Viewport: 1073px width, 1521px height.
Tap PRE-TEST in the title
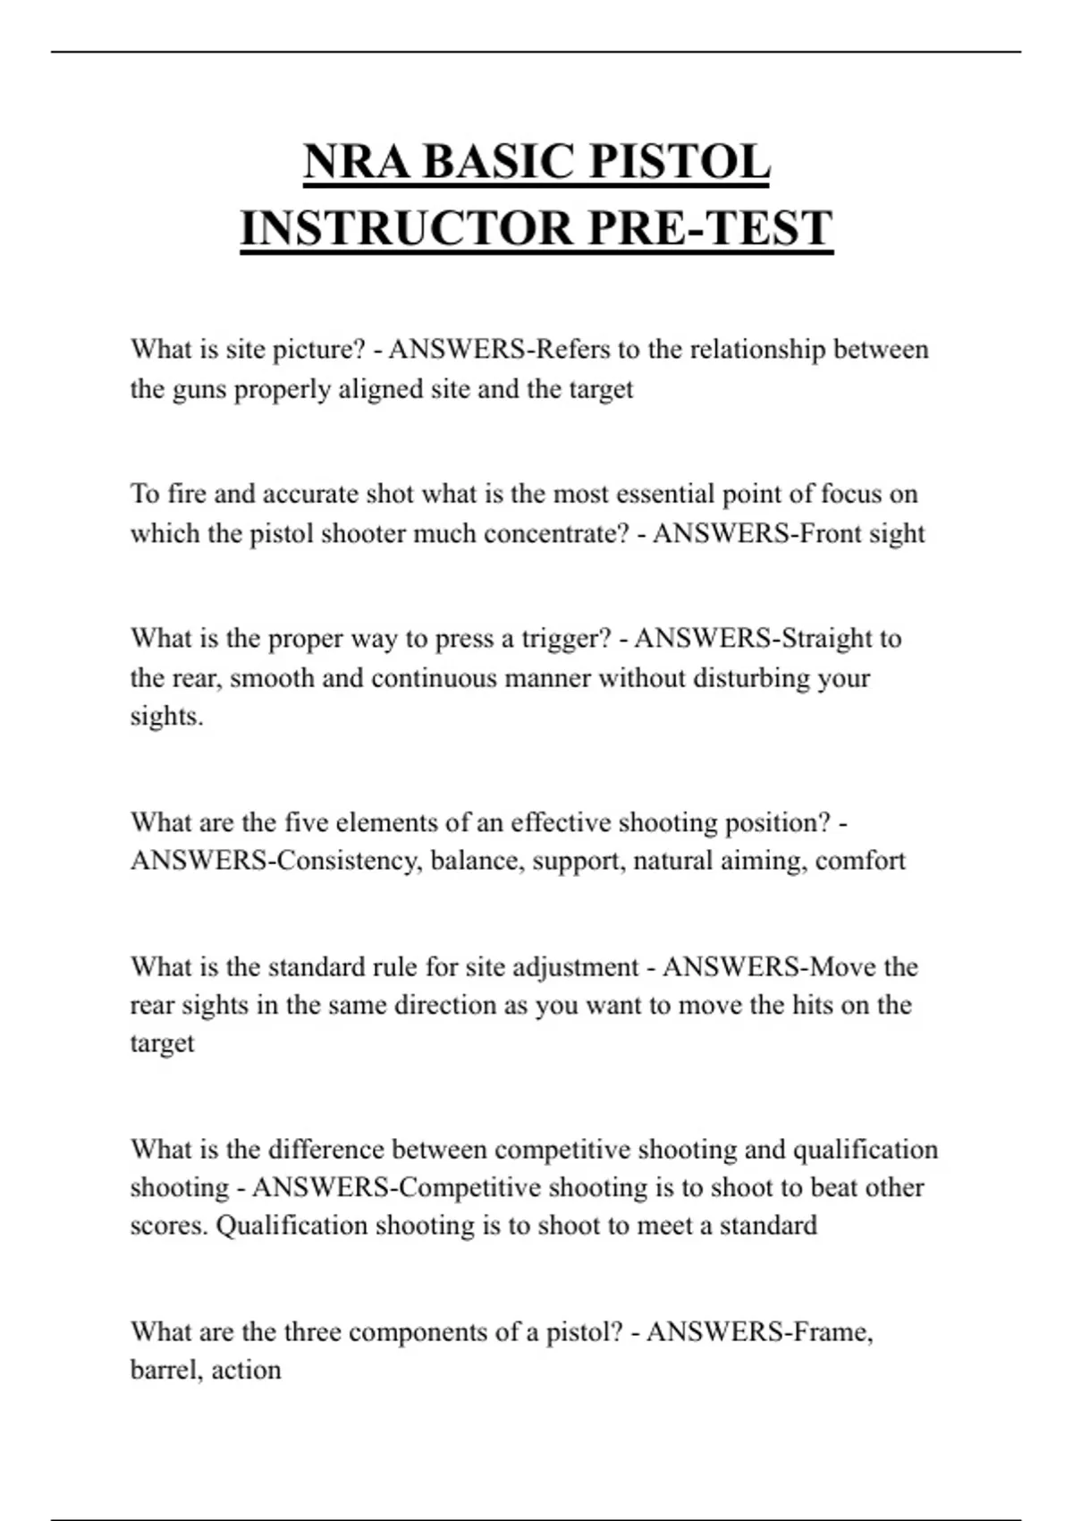click(x=711, y=228)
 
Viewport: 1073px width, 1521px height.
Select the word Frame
click(x=832, y=1332)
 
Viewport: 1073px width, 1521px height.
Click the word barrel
click(x=166, y=1370)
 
